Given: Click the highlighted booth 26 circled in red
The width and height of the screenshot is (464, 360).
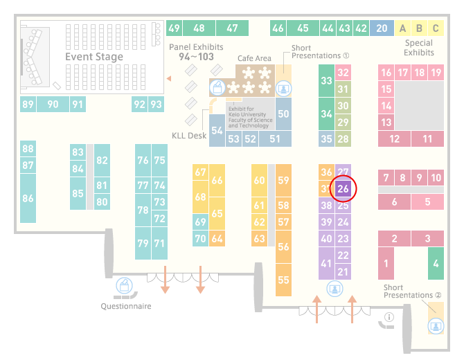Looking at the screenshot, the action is click(343, 188).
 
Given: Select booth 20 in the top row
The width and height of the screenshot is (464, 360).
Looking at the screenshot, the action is click(382, 28).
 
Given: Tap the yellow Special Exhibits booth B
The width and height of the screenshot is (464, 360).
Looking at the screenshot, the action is click(419, 28).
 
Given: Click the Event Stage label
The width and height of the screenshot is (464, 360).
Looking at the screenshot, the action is click(94, 57).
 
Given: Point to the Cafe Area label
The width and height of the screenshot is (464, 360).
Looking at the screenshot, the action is click(254, 58).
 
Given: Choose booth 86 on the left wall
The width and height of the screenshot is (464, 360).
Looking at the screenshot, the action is click(28, 198).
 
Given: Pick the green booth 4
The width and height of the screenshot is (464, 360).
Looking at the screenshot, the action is click(436, 263).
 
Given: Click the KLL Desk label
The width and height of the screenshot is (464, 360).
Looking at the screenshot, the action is click(189, 136).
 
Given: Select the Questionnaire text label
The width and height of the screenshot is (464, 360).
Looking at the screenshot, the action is click(126, 306).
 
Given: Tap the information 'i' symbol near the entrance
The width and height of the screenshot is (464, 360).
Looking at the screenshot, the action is click(389, 317).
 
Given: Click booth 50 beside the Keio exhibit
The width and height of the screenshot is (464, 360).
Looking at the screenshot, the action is click(283, 114).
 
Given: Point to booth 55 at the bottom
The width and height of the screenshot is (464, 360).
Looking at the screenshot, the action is click(283, 280).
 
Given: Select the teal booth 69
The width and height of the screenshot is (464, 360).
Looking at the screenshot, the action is click(200, 222).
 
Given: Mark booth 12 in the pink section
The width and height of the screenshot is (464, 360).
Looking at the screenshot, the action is click(394, 138).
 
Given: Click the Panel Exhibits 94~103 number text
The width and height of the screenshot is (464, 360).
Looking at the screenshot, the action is click(196, 57).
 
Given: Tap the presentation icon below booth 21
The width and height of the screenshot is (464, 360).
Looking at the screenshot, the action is click(334, 289).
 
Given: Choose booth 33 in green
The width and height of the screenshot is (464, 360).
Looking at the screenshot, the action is click(326, 80).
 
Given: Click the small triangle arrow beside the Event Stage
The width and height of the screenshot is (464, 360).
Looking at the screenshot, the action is click(169, 78).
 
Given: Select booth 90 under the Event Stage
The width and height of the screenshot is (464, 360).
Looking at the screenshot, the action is click(53, 104).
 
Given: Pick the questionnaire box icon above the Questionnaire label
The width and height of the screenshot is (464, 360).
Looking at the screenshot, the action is click(124, 286).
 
